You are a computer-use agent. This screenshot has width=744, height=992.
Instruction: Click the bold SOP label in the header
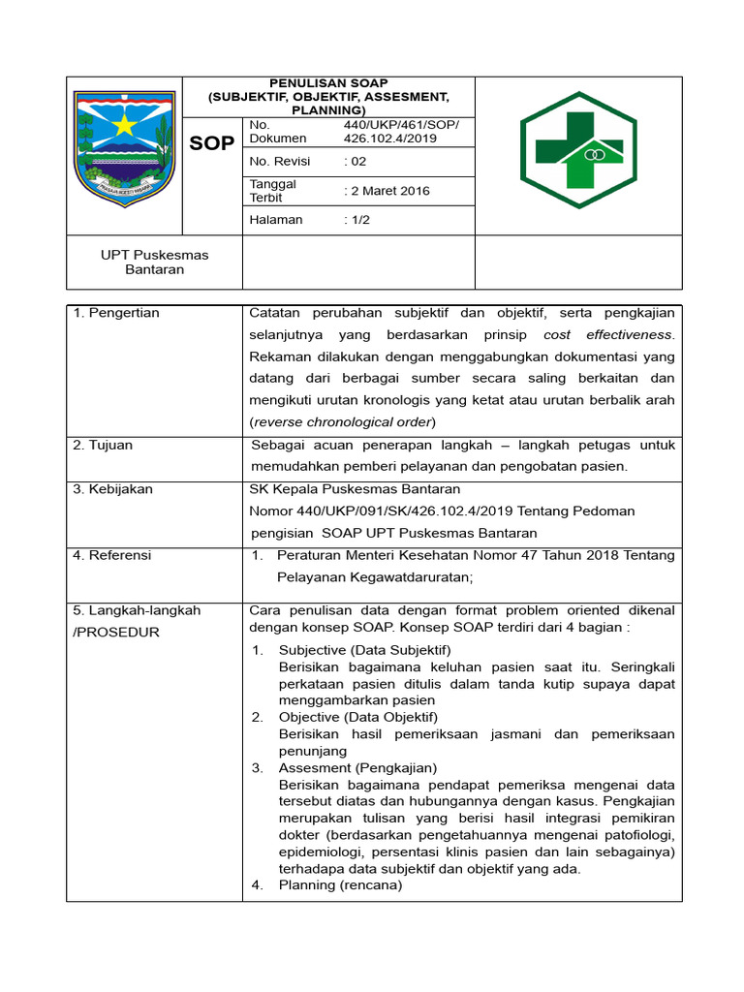tap(211, 143)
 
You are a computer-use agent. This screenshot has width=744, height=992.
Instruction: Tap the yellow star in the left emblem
tap(124, 125)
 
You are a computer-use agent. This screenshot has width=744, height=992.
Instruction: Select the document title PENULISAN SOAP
tap(328, 83)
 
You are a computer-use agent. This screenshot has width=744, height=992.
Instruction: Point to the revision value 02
tap(356, 161)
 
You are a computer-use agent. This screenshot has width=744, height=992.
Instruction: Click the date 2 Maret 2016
tap(387, 191)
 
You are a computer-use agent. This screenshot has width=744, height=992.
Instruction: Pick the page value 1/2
tap(356, 220)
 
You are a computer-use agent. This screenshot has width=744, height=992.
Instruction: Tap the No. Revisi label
tap(281, 161)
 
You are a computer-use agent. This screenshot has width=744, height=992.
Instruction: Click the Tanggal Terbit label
tap(273, 191)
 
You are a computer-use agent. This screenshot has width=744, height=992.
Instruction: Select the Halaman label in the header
tap(276, 220)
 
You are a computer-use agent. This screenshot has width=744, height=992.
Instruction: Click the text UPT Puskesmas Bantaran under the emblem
tap(155, 262)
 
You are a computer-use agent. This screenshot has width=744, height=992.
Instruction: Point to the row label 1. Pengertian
tap(116, 313)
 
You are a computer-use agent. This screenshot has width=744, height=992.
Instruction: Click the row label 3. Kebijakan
tap(112, 489)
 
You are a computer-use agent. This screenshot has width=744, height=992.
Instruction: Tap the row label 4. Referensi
tap(112, 555)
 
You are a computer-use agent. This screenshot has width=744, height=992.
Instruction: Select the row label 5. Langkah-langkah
tap(137, 610)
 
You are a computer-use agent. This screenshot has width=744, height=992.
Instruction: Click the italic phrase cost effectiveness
tap(607, 334)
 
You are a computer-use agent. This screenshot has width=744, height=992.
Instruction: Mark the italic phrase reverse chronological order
tap(343, 421)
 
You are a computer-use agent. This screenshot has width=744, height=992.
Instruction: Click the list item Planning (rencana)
tap(340, 884)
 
